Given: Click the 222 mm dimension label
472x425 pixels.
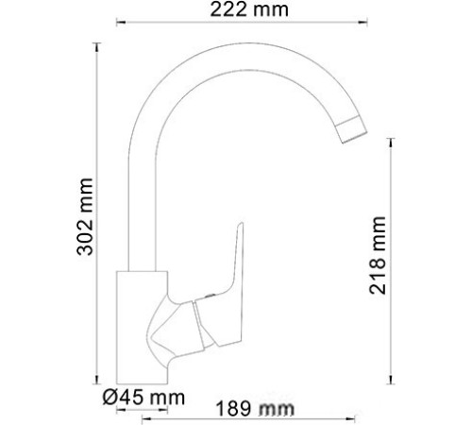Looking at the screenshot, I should (x=248, y=11).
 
